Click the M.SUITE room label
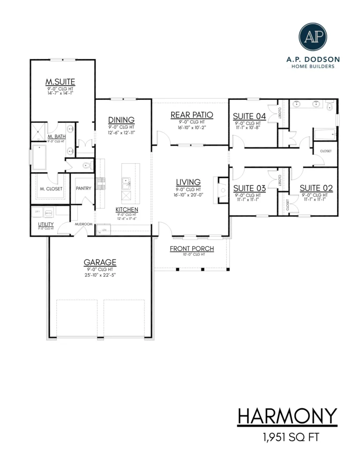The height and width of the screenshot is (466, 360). pyautogui.click(x=60, y=82)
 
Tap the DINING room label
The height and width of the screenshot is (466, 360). pyautogui.click(x=121, y=120)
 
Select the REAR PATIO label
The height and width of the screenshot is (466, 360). pyautogui.click(x=192, y=115)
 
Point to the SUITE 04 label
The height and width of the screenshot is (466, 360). pyautogui.click(x=249, y=116)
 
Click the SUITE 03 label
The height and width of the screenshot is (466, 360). pyautogui.click(x=249, y=188)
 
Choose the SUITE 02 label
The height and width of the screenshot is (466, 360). pyautogui.click(x=316, y=188)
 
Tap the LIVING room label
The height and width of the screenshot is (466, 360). pyautogui.click(x=188, y=182)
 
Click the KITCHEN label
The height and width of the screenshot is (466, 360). pyautogui.click(x=127, y=209)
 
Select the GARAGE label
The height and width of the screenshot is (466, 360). pyautogui.click(x=100, y=263)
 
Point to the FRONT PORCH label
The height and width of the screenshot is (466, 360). pyautogui.click(x=192, y=248)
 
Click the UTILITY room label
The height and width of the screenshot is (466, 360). pyautogui.click(x=46, y=224)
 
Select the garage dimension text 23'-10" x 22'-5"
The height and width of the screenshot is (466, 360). pyautogui.click(x=100, y=275)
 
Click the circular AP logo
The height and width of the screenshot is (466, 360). pyautogui.click(x=313, y=37)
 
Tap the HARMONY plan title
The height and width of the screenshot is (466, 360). pyautogui.click(x=287, y=416)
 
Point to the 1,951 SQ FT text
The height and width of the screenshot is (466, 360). pyautogui.click(x=287, y=438)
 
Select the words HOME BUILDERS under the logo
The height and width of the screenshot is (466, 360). pyautogui.click(x=313, y=67)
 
